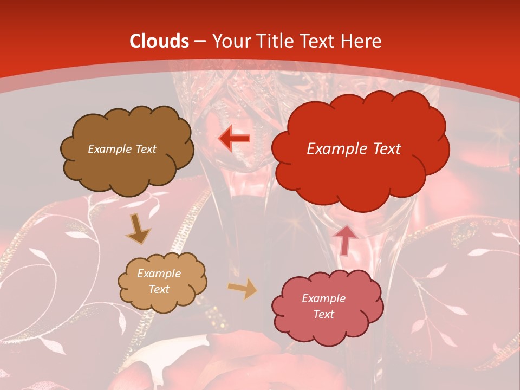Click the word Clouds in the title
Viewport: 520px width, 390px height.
tap(159, 41)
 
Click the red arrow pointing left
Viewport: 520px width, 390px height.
tap(235, 139)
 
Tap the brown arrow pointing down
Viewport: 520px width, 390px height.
tap(138, 229)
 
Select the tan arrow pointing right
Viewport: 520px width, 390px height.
tap(242, 289)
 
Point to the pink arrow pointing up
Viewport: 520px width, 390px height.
tap(346, 239)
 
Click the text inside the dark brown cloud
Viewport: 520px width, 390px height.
tap(122, 149)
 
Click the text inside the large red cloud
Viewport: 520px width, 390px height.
tap(354, 149)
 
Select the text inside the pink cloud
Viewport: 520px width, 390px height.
tap(323, 306)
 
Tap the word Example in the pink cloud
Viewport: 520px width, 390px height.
tap(323, 298)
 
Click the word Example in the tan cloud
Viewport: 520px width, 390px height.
tap(159, 274)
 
